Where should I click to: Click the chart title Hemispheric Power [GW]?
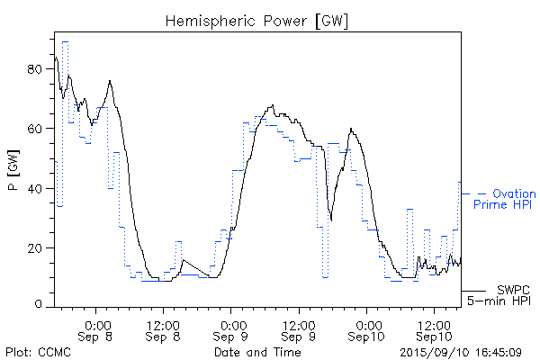pyautogui.click(x=257, y=20)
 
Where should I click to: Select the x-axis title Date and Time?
pyautogui.click(x=257, y=352)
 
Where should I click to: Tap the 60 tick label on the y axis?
pyautogui.click(x=36, y=128)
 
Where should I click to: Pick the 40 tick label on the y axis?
pyautogui.click(x=36, y=187)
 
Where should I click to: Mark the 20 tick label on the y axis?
pyautogui.click(x=36, y=247)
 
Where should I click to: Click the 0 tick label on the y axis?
pyautogui.click(x=40, y=304)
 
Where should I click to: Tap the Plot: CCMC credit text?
pyautogui.click(x=34, y=352)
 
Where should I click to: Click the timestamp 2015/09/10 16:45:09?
pyautogui.click(x=461, y=352)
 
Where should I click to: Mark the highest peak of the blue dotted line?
pyautogui.click(x=65, y=41)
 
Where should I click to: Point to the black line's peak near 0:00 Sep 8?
pyautogui.click(x=110, y=81)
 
